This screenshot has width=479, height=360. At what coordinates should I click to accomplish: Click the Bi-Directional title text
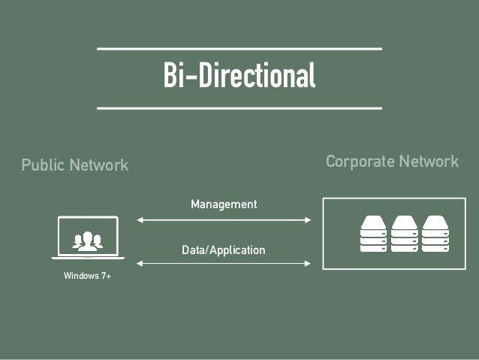(239, 77)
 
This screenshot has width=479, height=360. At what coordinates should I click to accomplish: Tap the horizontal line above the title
(239, 49)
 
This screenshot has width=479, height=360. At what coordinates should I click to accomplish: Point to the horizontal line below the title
(239, 108)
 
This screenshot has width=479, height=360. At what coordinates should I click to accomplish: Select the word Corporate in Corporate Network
(359, 162)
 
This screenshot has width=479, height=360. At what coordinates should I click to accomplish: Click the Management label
(224, 204)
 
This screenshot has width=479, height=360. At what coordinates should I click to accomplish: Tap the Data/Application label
(224, 250)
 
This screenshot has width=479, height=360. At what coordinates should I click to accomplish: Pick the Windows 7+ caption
(87, 277)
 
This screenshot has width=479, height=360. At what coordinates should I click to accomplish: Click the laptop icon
(88, 237)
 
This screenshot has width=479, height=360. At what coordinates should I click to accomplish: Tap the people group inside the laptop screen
(88, 241)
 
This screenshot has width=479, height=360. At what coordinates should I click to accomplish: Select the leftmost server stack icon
(372, 234)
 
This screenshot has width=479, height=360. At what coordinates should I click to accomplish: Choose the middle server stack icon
(404, 234)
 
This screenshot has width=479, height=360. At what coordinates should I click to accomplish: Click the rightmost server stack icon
(435, 234)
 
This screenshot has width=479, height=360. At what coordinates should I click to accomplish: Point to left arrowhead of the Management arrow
(140, 220)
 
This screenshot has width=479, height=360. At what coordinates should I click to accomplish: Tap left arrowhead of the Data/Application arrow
(140, 263)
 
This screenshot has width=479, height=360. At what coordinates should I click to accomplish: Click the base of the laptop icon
(88, 258)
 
